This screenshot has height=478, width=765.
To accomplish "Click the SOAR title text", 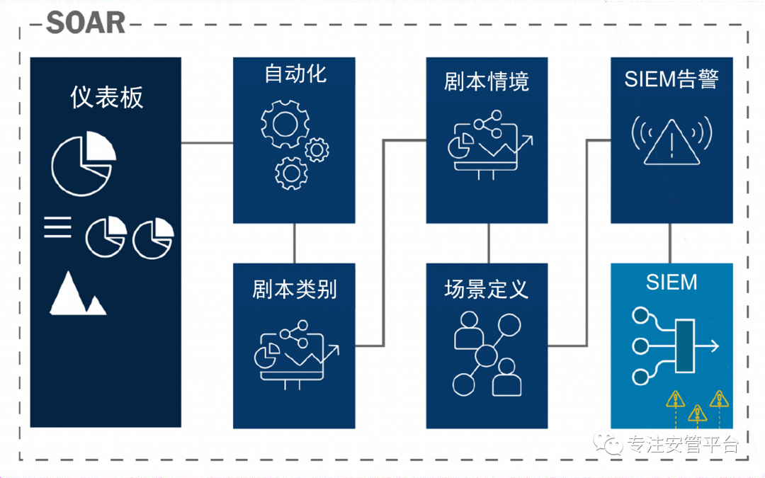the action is coord(86,23).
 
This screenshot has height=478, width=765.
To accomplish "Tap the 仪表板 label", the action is coord(107,97).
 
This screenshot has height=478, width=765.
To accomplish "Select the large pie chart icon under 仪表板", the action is coord(84,164).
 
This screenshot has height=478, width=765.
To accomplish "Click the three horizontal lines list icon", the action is coord(57,227).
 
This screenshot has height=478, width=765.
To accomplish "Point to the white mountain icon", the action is coord(78,293).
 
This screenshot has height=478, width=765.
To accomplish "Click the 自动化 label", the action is coord(295,74).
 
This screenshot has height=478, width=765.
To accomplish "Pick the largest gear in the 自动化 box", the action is coord(285,124).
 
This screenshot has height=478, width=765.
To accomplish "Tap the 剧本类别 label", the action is coord(294,289).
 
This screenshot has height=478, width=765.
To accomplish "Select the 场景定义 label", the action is coord(487,289).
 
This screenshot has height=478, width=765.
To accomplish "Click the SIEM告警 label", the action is coord(671,79).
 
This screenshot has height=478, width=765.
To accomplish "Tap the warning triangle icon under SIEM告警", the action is coord(671,142).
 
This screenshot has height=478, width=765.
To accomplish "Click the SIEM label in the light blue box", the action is coord(671,283).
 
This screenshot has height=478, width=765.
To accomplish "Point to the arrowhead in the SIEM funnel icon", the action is coord(714,346).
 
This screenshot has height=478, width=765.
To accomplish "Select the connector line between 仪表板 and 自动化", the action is coord(207,143).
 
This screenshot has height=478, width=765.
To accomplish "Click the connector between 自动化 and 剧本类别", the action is coord(294,244).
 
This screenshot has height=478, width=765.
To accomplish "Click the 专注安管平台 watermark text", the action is coord(683,444).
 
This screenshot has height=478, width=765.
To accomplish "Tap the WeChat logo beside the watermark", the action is coord(608,444).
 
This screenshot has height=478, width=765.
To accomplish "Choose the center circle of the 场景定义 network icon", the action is coord(485,355).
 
